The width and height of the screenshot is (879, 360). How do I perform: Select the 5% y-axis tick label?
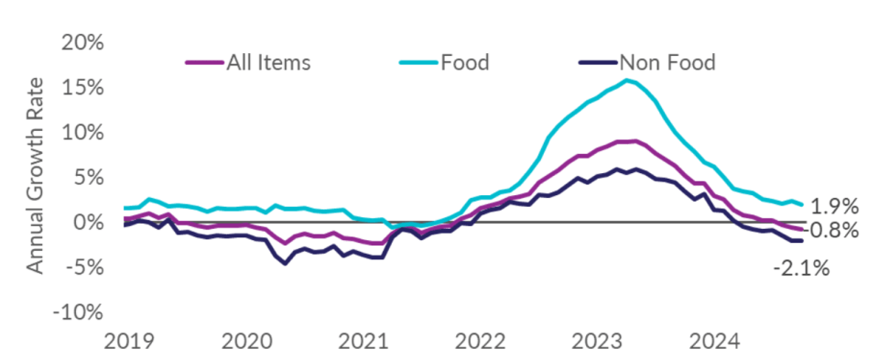[86, 178]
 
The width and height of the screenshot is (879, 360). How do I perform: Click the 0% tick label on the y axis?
[86, 223]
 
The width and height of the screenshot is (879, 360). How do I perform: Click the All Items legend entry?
[248, 62]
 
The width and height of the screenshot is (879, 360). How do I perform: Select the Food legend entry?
[444, 62]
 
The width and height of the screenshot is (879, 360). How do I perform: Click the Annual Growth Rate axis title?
[36, 176]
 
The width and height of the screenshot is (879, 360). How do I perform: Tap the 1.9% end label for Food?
[834, 206]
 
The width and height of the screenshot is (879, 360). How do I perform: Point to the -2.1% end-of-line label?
[801, 268]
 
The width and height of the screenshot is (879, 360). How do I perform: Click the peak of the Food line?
[626, 81]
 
